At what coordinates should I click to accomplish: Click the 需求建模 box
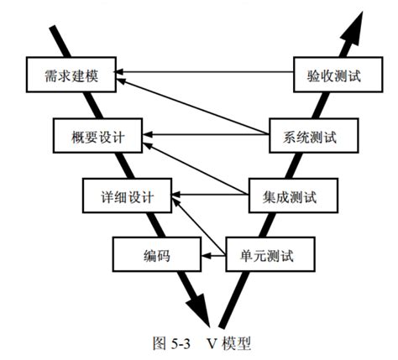coord(72,74)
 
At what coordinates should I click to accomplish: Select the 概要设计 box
coord(97,133)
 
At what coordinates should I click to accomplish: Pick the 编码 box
coord(157,252)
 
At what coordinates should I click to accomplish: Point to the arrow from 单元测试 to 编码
coord(214,252)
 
